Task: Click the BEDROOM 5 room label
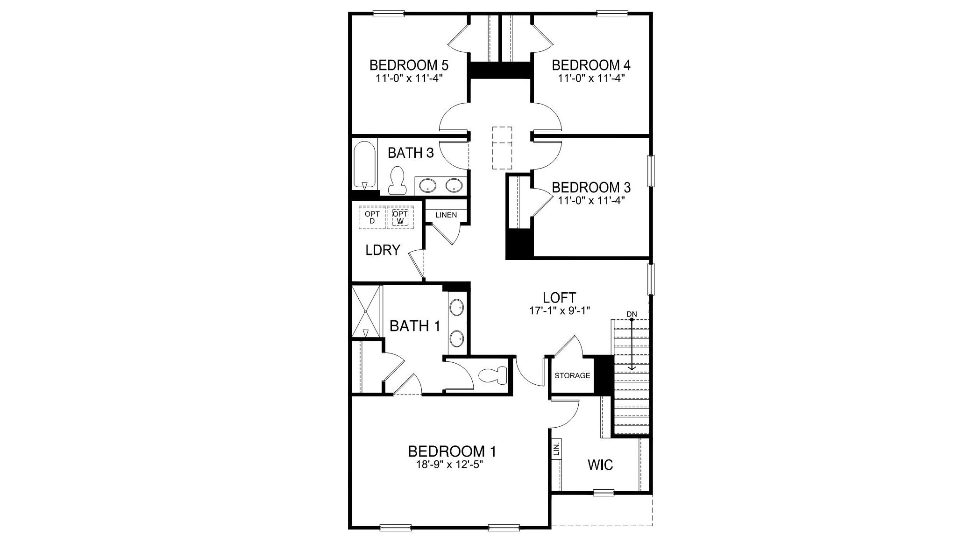coord(409,64)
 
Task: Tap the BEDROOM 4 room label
coord(591,64)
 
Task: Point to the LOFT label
coord(559,297)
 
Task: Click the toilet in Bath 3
coord(398,181)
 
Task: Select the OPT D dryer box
coord(372,218)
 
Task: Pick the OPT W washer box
coord(400,218)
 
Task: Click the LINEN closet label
coord(446,215)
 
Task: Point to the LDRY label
coord(383,250)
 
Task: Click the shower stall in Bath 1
coord(366,311)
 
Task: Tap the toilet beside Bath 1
coord(493,375)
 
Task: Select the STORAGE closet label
coord(572,375)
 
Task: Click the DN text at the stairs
coord(632,314)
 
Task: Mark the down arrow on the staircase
coord(632,346)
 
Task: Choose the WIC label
coord(600,465)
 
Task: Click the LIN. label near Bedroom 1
coord(556,450)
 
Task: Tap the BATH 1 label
coord(415,326)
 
